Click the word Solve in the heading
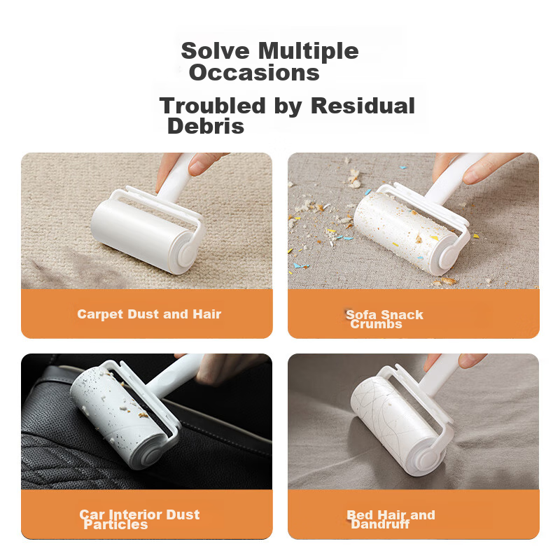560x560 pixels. tap(215, 50)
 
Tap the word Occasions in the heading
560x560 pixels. tap(254, 73)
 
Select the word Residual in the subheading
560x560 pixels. tap(363, 106)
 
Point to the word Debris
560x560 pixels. tap(206, 126)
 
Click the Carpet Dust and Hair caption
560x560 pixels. tap(149, 314)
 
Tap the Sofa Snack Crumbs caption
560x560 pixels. tap(384, 319)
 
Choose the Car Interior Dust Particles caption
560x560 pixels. tap(139, 519)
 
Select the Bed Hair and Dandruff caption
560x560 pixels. tap(391, 519)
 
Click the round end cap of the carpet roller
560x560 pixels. tap(185, 253)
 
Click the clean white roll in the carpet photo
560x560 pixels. tap(143, 236)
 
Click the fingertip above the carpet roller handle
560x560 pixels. tap(201, 164)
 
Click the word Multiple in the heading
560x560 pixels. tap(308, 52)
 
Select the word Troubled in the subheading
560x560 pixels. tap(213, 106)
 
